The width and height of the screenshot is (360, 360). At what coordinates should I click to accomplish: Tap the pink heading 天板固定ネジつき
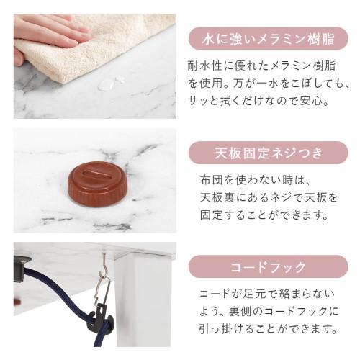[x=267, y=153]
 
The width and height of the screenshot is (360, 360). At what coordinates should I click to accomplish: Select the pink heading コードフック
[x=267, y=267]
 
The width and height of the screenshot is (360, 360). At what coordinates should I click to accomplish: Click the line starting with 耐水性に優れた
[x=263, y=65]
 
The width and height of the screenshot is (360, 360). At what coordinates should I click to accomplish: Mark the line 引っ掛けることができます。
[x=268, y=330]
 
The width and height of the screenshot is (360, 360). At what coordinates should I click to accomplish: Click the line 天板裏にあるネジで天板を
[x=267, y=197]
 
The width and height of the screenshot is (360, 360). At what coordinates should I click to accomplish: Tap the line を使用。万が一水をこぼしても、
[x=267, y=83]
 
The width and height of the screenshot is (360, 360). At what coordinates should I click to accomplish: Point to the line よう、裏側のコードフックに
[x=268, y=312]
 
